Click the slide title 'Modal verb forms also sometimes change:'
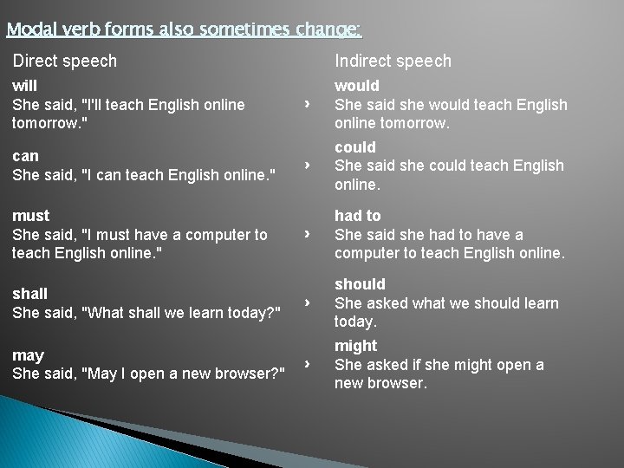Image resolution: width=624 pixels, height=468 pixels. pos(183,30)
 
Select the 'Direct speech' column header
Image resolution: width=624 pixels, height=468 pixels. pos(64,61)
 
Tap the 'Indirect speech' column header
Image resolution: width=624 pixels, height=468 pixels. pos(393,61)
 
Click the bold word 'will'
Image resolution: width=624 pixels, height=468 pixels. pos(24,86)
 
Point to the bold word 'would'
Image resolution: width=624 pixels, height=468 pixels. pos(357,86)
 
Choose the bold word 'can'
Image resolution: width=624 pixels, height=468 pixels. pos(25,156)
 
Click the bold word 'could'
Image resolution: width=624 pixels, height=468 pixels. pos(355,147)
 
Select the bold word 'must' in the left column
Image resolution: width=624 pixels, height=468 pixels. pos(30,215)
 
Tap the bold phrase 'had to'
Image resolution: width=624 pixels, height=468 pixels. pos(357,215)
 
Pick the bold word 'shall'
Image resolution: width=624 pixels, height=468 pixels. pos(29,293)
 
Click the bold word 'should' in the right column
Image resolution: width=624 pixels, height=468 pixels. pos(360,284)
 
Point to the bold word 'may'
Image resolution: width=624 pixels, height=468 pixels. pos(28,355)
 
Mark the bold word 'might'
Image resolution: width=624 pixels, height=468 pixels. pos(355,347)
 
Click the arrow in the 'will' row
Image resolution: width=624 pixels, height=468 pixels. pos(307,105)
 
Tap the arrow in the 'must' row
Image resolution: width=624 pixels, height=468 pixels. pos(307,234)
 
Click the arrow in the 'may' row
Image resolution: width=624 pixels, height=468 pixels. pos(307,365)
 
